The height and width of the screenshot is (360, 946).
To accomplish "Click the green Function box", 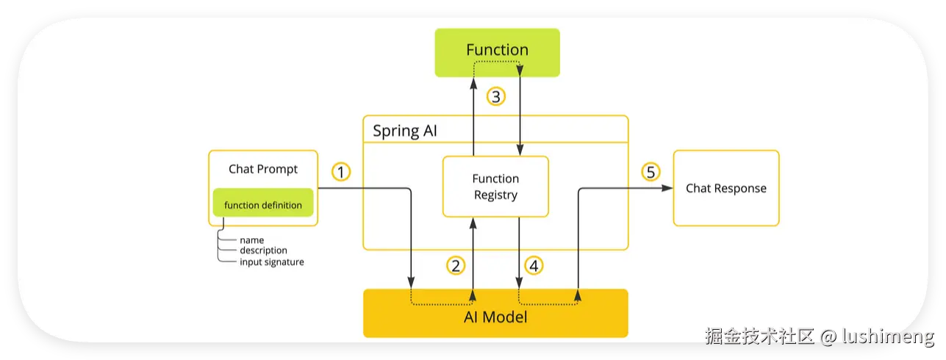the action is tap(497, 53).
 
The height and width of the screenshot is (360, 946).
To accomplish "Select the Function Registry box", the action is tap(495, 187).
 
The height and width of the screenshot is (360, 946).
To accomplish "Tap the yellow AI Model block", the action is tap(495, 313).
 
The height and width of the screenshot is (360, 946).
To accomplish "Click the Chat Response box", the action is tap(726, 188).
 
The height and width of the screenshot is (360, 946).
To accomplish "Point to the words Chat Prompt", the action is tap(263, 169).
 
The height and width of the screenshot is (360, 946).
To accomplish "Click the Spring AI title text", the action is tap(404, 131).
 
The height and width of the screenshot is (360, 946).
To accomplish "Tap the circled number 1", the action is tap(341, 172).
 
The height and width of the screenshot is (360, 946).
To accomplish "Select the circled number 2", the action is tap(456, 266).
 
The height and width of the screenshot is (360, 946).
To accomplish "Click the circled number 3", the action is tap(496, 97).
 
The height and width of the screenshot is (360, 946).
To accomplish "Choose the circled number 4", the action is tap(534, 266).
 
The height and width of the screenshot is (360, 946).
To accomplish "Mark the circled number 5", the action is tap(651, 172).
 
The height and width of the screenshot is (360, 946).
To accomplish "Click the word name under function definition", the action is tap(251, 240).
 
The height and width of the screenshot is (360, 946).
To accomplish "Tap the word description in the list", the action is tap(264, 251).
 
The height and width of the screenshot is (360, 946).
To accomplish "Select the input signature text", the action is tap(272, 262).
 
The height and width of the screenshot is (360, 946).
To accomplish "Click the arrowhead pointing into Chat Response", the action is tap(667, 188).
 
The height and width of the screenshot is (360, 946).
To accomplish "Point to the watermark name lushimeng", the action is tap(888, 336).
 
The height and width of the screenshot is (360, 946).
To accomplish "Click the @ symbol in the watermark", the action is tap(828, 337).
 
